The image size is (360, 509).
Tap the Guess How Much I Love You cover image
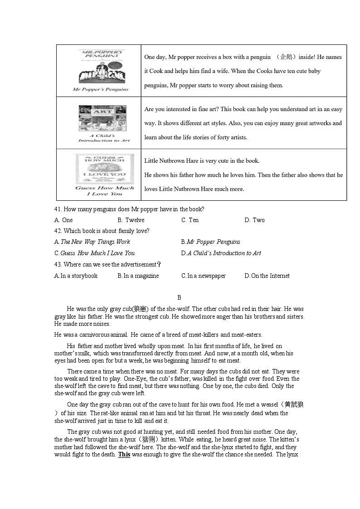click(x=104, y=169)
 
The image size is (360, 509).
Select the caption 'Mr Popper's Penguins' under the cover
click(x=101, y=89)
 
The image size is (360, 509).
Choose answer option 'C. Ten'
click(x=190, y=220)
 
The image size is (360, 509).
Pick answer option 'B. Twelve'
click(x=131, y=220)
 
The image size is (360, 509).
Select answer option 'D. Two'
click(x=254, y=220)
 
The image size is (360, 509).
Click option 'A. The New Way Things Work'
click(x=92, y=242)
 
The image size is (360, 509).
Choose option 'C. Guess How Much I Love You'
click(x=94, y=253)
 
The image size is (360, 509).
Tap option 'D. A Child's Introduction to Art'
click(x=221, y=253)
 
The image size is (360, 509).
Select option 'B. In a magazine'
click(x=138, y=276)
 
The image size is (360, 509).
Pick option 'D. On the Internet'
click(x=267, y=276)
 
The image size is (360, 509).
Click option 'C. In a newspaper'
click(x=203, y=276)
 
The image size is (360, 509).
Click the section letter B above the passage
click(x=179, y=298)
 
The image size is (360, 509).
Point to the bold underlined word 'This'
click(x=124, y=454)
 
